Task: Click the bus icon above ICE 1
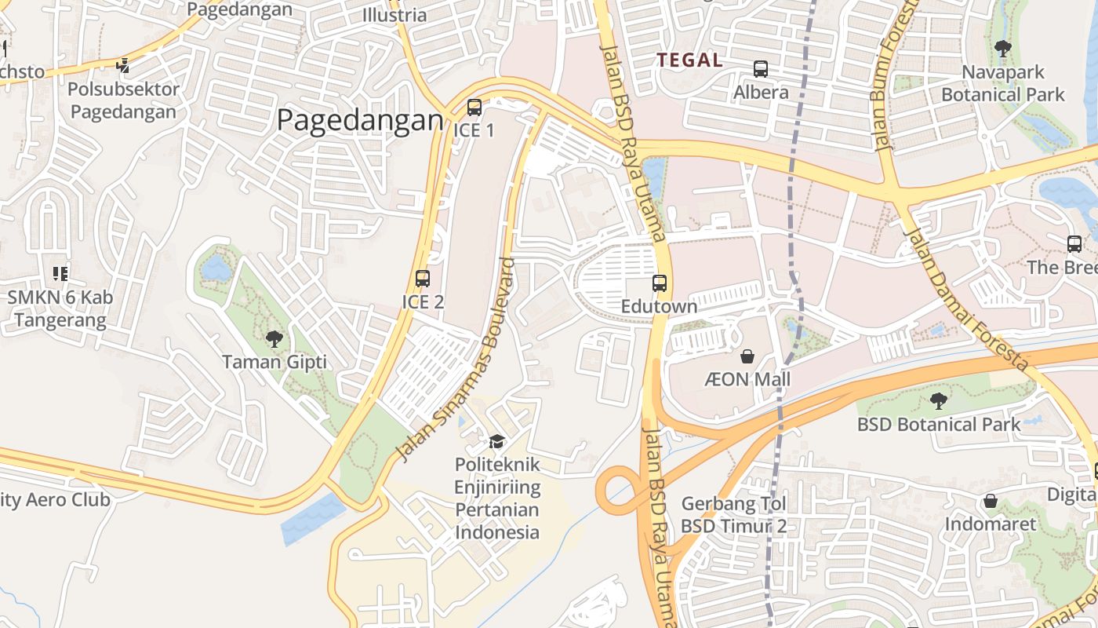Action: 474,108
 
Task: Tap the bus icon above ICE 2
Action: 422,279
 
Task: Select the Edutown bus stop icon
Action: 659,283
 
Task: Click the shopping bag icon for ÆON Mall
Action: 747,357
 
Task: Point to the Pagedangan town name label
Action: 360,121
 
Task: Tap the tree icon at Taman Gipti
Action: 274,339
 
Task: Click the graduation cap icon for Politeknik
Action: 496,442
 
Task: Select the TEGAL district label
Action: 689,60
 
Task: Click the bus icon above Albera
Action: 760,69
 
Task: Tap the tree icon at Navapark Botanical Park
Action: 1002,49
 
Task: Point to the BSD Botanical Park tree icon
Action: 938,402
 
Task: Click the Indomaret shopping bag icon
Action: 990,501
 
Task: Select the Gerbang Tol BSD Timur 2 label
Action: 733,514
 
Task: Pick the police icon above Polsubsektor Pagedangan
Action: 123,66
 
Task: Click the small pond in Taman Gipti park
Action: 216,269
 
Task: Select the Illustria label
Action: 394,15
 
